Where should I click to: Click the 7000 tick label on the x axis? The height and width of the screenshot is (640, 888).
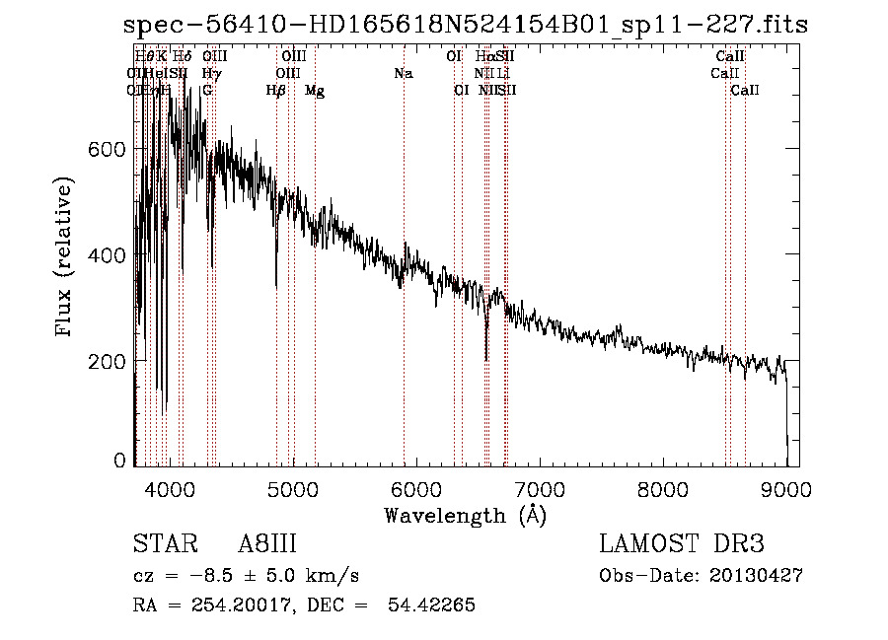(540, 489)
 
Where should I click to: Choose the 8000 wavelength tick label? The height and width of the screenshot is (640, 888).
(663, 489)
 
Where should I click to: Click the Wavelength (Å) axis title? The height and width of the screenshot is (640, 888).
(465, 515)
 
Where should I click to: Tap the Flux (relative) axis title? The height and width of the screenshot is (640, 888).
(65, 255)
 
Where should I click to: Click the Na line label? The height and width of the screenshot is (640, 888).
(403, 73)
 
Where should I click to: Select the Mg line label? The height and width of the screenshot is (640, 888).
(315, 91)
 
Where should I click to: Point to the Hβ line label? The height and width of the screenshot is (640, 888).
(276, 91)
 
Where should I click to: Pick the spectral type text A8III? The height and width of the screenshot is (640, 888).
(267, 545)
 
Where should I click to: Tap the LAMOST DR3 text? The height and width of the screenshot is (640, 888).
(682, 545)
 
